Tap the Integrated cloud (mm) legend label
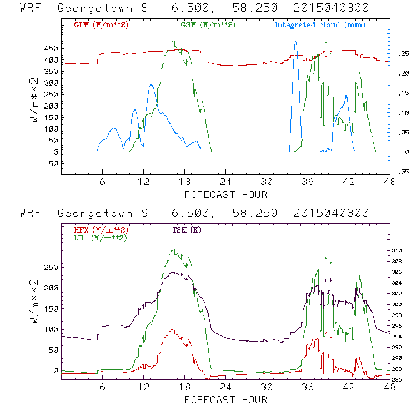tap(320, 25)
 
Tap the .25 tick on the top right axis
tap(401, 54)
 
